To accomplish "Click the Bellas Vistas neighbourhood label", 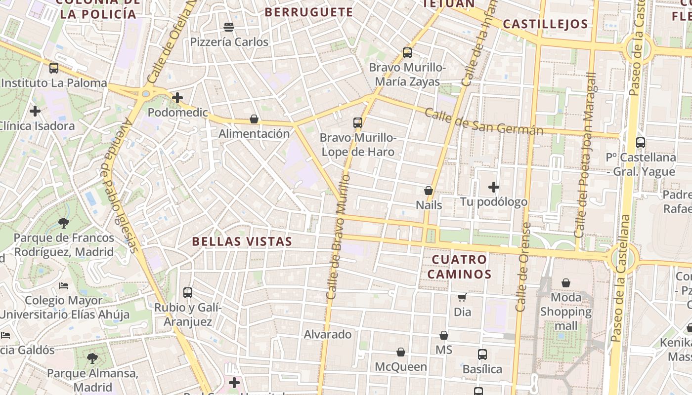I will pyautogui.click(x=242, y=241).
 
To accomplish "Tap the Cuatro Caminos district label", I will pyautogui.click(x=460, y=267).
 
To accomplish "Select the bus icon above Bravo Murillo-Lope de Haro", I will pyautogui.click(x=358, y=123).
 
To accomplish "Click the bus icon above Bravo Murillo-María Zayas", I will pyautogui.click(x=407, y=53).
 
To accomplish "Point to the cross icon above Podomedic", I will pyautogui.click(x=177, y=98).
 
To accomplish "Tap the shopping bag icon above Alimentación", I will pyautogui.click(x=254, y=119).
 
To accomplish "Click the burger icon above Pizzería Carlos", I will pyautogui.click(x=229, y=27).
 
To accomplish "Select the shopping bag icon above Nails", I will pyautogui.click(x=429, y=191).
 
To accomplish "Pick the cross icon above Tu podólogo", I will pyautogui.click(x=493, y=187).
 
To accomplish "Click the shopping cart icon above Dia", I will pyautogui.click(x=462, y=297).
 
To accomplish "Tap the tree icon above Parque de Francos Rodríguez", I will pyautogui.click(x=64, y=223).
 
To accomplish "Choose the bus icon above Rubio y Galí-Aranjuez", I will pyautogui.click(x=188, y=292).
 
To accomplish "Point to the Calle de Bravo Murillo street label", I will pyautogui.click(x=339, y=237).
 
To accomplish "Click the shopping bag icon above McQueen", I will pyautogui.click(x=401, y=352).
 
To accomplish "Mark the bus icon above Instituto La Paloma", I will pyautogui.click(x=54, y=68).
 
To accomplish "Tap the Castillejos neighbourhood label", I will pyautogui.click(x=546, y=24).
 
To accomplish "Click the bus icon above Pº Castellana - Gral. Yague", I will pyautogui.click(x=641, y=143).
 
